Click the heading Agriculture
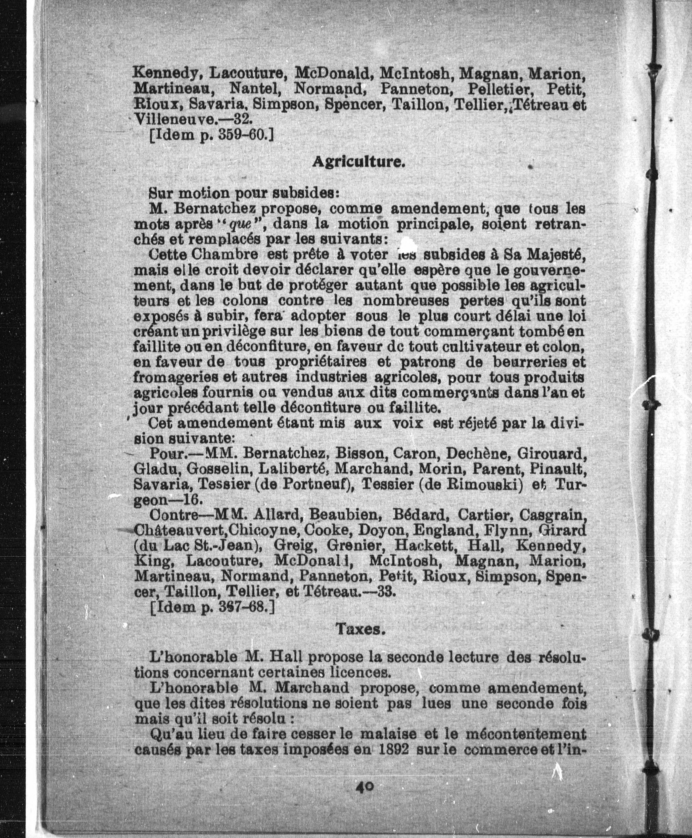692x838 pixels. (x=358, y=161)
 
